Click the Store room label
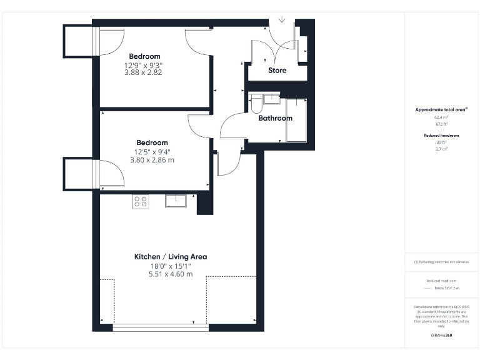tap(277, 71)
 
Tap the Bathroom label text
tap(276, 118)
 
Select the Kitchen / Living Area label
tap(171, 257)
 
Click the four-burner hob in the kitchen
tap(141, 201)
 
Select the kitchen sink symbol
tap(176, 201)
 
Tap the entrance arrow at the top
tap(282, 20)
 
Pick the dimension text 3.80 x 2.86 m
tap(152, 160)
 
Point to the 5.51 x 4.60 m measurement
tap(171, 274)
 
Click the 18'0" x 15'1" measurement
tap(171, 266)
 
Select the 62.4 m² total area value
tap(441, 117)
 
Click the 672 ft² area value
tap(441, 124)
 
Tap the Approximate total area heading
tap(441, 109)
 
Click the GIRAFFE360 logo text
tap(441, 336)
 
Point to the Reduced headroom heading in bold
tap(441, 135)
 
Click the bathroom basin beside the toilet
tap(271, 99)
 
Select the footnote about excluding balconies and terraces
tap(441, 262)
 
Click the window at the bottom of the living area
tap(161, 327)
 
